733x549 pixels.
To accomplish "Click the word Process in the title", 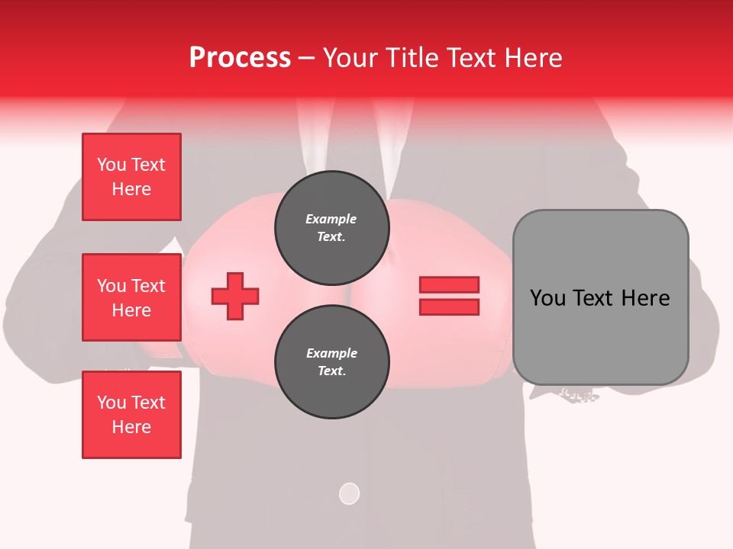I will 240,58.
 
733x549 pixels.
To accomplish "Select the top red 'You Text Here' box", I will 131,177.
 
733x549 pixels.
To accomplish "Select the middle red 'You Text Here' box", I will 131,297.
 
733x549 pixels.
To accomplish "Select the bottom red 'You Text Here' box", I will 131,415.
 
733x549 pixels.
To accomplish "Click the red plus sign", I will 235,296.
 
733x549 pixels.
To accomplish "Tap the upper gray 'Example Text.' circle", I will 331,228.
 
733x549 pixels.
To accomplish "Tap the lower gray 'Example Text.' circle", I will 331,362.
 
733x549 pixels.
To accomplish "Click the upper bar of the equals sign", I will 449,285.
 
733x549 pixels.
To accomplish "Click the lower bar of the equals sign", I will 449,307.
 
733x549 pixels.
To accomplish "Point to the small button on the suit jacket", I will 349,493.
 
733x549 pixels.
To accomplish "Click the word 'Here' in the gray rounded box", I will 645,298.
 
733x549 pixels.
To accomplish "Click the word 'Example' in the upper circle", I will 331,219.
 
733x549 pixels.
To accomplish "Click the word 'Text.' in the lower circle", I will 331,371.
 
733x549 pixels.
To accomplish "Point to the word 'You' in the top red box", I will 111,165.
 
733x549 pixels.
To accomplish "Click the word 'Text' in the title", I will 470,58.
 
